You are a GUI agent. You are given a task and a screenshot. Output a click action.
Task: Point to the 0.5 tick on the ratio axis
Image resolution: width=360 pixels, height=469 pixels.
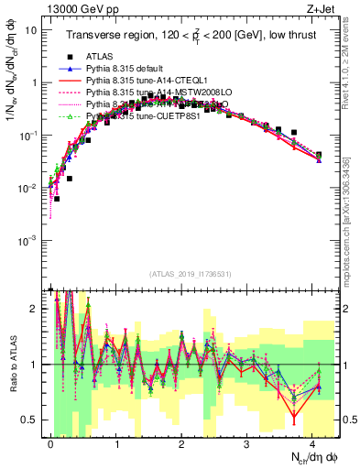[x=33, y=420]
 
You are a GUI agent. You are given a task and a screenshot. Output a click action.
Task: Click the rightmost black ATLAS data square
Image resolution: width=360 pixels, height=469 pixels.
[x=318, y=155]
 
